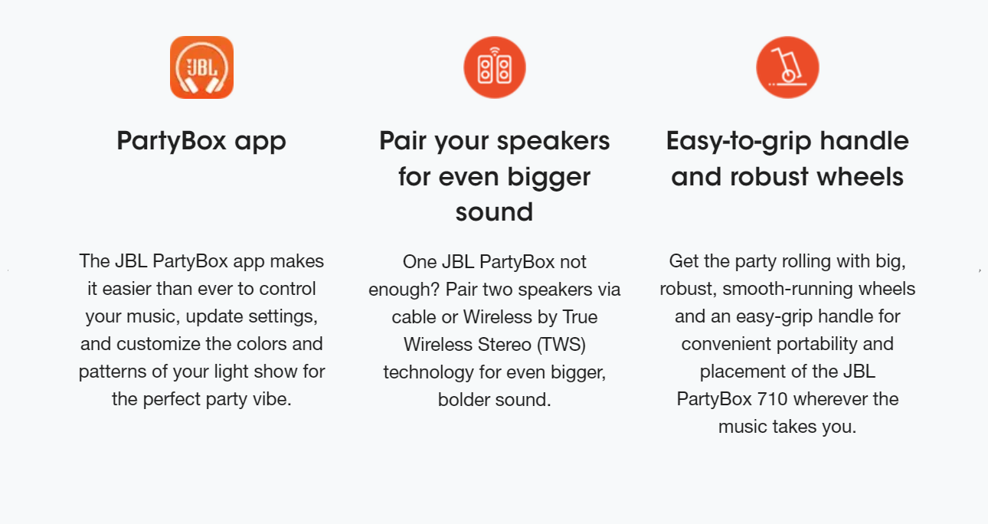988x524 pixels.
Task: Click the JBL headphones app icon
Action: click(201, 67)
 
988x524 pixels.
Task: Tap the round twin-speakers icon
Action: click(495, 67)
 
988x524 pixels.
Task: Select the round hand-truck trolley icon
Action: click(787, 67)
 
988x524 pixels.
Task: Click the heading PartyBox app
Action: click(201, 142)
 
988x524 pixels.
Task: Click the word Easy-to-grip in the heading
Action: click(738, 141)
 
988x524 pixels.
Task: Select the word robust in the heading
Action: click(770, 176)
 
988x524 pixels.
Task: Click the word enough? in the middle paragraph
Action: click(404, 290)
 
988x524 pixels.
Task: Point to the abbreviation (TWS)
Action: click(561, 345)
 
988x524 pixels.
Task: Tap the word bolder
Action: click(463, 400)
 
